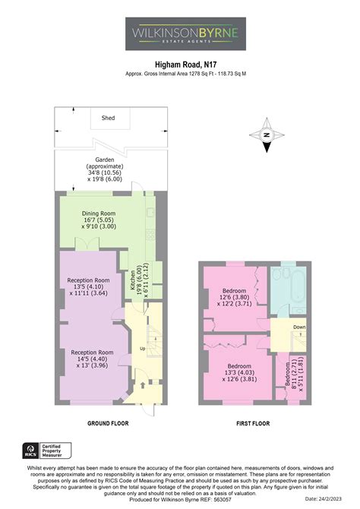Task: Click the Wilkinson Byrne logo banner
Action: (x=180, y=33)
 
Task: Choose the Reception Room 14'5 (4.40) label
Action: (x=92, y=358)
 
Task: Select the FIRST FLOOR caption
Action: (x=255, y=422)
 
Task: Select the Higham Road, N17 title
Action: (x=180, y=65)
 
